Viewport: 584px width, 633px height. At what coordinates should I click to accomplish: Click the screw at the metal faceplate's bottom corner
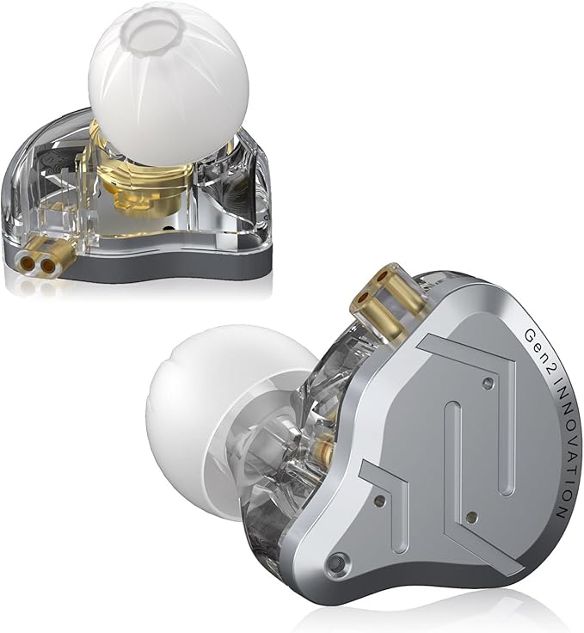tap(333, 564)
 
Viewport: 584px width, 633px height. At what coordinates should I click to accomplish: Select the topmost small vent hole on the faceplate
tap(488, 383)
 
